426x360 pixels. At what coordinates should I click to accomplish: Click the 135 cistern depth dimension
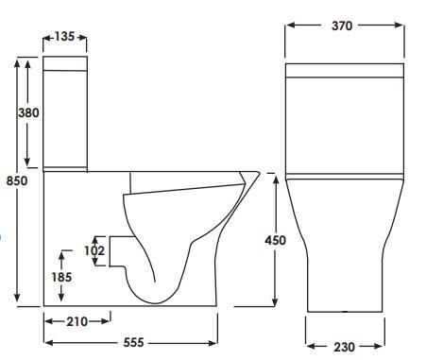(64, 37)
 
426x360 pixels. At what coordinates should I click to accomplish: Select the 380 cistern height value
(28, 112)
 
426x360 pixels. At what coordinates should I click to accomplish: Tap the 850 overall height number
(17, 180)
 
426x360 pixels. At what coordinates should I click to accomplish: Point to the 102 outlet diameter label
(94, 250)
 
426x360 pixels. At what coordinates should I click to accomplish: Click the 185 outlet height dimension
(61, 277)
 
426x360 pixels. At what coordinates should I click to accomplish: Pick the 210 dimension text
(77, 321)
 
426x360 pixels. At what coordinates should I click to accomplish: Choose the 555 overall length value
(133, 342)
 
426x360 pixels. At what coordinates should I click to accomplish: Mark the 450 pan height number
(275, 240)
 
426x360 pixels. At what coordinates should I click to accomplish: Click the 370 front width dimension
(342, 26)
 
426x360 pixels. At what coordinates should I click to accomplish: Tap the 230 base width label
(344, 347)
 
